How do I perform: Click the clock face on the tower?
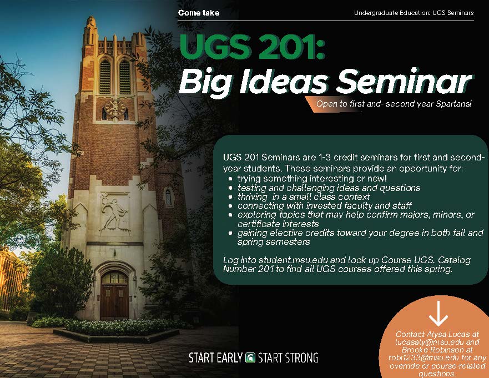(x=115, y=109)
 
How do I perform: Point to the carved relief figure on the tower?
(x=114, y=213)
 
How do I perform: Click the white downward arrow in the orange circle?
(x=438, y=314)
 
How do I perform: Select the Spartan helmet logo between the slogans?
(x=250, y=357)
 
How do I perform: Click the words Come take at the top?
(x=198, y=13)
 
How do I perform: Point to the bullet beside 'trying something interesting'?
(x=230, y=179)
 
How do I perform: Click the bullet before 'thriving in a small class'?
(x=230, y=197)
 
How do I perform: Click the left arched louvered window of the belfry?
(x=105, y=77)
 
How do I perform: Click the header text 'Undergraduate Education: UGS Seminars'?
(x=414, y=13)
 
